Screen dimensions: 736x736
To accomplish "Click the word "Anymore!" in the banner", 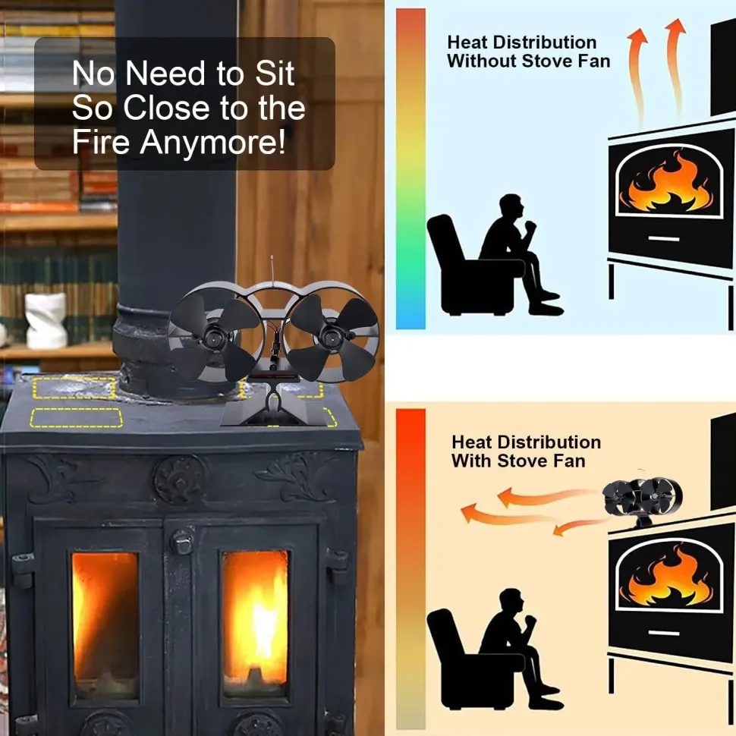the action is pos(212,142).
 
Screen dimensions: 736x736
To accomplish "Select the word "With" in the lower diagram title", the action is pos(470,461).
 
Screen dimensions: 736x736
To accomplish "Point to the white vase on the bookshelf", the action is pos(46,321).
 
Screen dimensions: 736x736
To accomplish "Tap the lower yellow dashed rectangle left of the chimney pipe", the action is pos(77,417).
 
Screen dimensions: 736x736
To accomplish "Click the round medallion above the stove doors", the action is pos(179,480).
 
